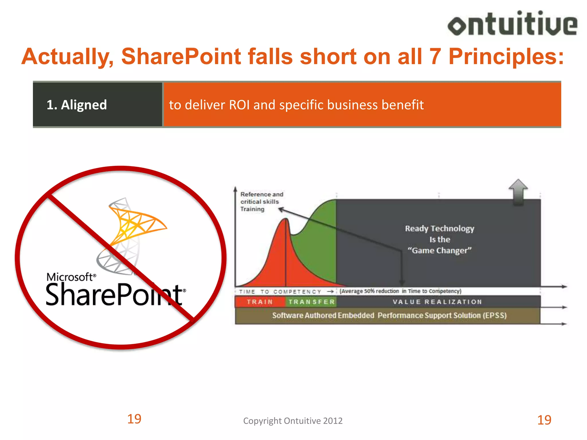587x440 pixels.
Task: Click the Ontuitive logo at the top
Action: point(512,24)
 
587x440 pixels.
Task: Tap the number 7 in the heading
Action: point(435,56)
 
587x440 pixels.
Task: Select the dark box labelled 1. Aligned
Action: point(97,105)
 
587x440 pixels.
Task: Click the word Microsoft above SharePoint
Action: point(70,277)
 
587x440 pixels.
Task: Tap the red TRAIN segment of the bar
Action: point(260,302)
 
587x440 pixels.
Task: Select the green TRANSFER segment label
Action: point(312,302)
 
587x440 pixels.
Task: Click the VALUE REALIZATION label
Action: point(437,302)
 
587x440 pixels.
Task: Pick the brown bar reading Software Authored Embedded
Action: point(389,315)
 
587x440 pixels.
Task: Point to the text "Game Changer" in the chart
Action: point(439,250)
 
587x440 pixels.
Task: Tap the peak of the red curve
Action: point(286,219)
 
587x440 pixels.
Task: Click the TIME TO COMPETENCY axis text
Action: point(280,292)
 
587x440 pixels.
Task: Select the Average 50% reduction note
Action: point(400,291)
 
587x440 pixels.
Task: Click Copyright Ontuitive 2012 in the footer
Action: point(293,421)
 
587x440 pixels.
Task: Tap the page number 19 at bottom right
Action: point(544,420)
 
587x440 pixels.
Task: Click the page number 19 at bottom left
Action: point(134,419)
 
